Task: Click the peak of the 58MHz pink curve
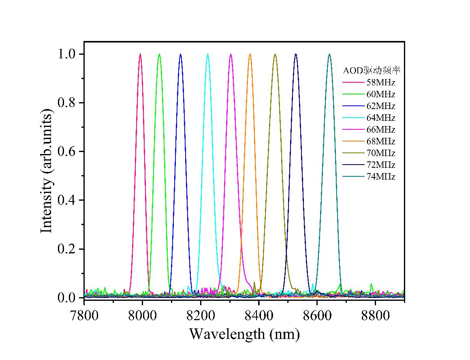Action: [140, 54]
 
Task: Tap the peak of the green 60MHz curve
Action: [159, 54]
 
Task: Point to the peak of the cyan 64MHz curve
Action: [208, 54]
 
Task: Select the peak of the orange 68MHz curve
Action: [250, 54]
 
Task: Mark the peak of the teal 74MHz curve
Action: [329, 54]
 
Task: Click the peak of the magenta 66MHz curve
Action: [231, 54]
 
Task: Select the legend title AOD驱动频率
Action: [372, 71]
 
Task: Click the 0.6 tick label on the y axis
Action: [67, 152]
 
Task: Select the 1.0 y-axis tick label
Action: [67, 54]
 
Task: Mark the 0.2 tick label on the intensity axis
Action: [67, 249]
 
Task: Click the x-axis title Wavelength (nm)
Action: [244, 334]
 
